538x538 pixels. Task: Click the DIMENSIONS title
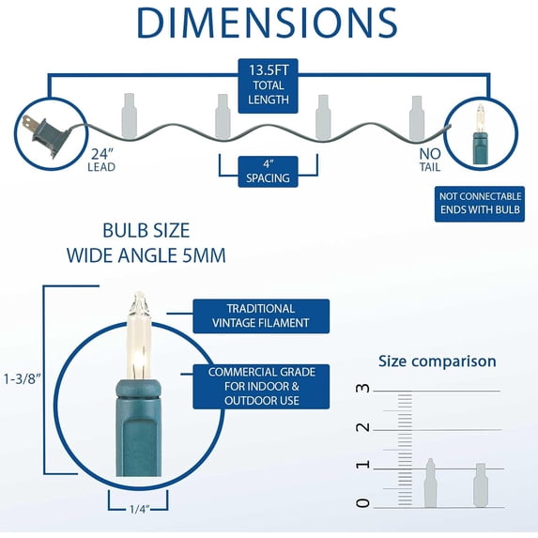267,23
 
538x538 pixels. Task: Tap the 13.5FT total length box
268,85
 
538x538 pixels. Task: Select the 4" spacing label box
268,172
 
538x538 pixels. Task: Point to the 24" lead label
101,160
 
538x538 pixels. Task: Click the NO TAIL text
430,160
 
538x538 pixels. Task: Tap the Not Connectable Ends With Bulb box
480,204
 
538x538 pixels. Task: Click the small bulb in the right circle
481,134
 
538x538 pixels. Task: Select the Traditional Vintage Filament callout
261,316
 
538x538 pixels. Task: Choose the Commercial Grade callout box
261,386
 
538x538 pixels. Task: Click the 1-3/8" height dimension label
22,379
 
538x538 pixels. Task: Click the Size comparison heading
438,361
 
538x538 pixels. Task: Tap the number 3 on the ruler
363,388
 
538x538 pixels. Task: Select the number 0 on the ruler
363,503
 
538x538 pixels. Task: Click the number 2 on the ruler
363,427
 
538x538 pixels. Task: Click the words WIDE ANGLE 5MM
146,255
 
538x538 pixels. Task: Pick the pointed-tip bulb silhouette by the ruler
430,483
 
